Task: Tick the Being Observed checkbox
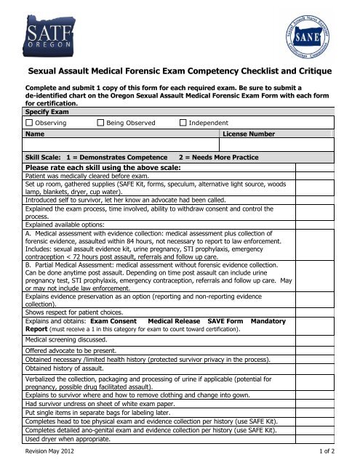pyautogui.click(x=101, y=124)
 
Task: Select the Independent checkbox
pyautogui.click(x=183, y=124)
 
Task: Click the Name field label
pyautogui.click(x=33, y=134)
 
